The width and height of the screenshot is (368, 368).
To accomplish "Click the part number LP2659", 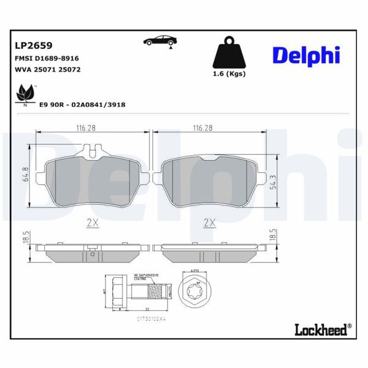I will (x=33, y=45).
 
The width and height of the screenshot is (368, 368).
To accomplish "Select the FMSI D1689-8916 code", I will (x=46, y=58).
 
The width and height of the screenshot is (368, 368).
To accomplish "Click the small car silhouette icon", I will (x=158, y=40).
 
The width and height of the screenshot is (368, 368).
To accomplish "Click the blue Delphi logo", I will (x=305, y=55).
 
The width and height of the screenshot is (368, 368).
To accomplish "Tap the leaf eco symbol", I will (x=25, y=96).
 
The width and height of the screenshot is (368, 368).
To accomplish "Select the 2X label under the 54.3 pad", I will (x=210, y=224).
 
